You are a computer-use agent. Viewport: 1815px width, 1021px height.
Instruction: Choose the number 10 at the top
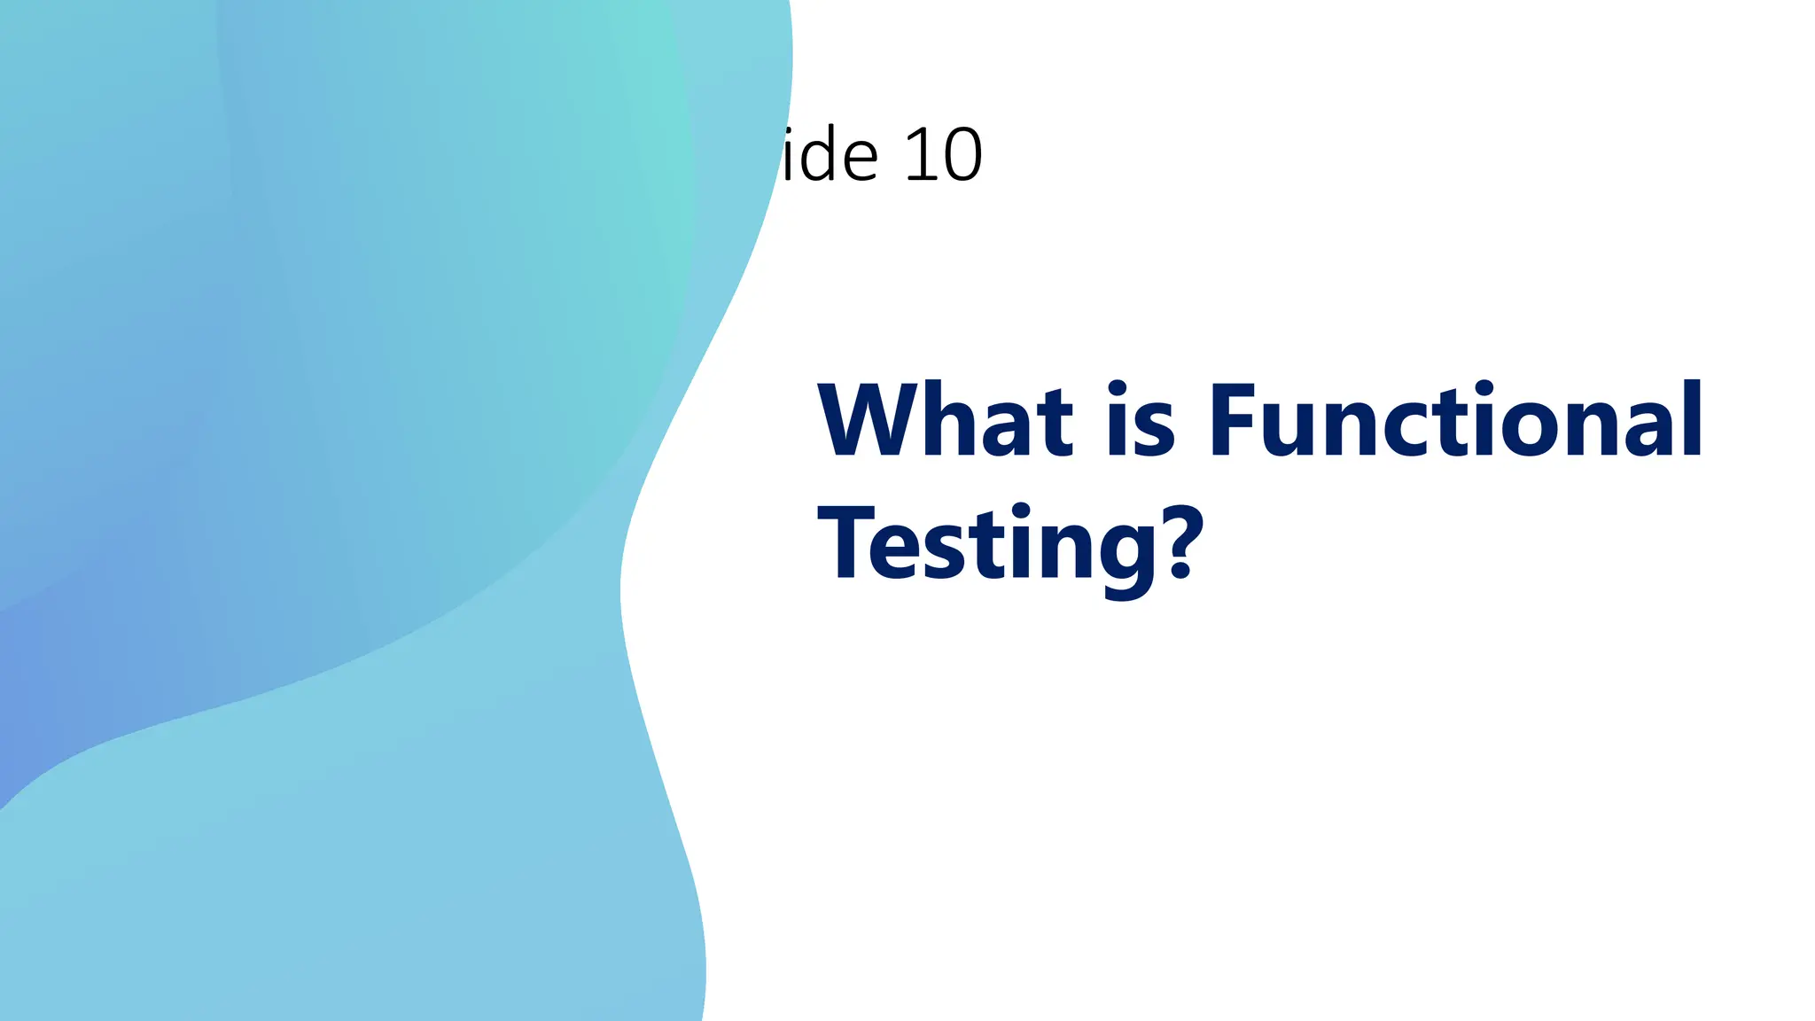point(943,155)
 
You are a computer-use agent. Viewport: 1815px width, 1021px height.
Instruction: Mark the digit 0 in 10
point(962,156)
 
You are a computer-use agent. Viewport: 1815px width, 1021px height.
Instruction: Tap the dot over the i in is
point(1117,387)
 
